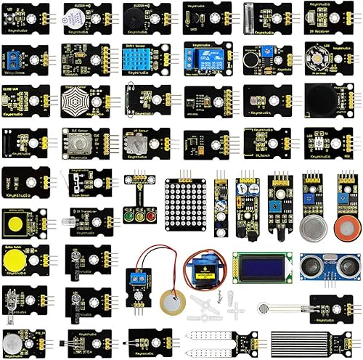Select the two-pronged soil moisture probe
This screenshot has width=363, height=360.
pyautogui.click(x=212, y=343)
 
